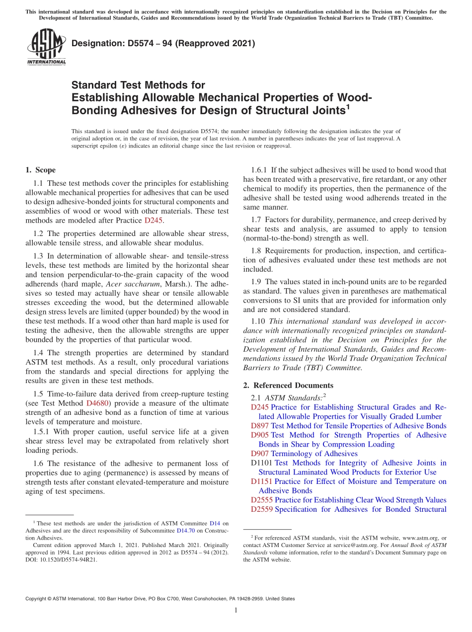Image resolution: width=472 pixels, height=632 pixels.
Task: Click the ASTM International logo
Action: pyautogui.click(x=46, y=47)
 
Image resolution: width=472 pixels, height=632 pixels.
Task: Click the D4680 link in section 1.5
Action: pyautogui.click(x=97, y=403)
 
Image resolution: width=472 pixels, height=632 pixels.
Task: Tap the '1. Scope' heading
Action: pyautogui.click(x=40, y=170)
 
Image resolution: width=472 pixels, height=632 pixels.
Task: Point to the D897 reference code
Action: pyautogui.click(x=260, y=426)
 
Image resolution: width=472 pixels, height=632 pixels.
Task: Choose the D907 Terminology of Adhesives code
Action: pyautogui.click(x=260, y=454)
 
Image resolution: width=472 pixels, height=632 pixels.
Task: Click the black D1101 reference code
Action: pyautogui.click(x=262, y=463)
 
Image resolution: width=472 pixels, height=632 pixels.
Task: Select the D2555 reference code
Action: pyautogui.click(x=262, y=500)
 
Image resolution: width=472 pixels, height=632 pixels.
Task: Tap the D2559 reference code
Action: pyautogui.click(x=262, y=509)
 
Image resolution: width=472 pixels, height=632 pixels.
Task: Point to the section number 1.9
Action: pyautogui.click(x=257, y=281)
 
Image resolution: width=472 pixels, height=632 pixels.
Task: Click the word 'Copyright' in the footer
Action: pyautogui.click(x=37, y=599)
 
